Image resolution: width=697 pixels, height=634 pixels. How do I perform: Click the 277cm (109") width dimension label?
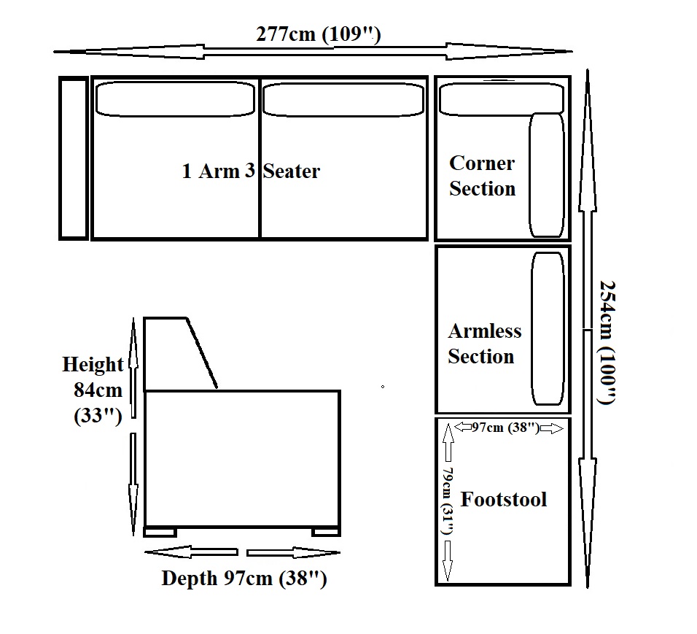319,34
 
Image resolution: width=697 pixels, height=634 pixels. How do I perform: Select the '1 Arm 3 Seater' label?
251,171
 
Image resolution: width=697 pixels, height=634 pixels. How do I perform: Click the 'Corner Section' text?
483,176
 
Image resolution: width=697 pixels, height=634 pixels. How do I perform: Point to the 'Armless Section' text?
485,344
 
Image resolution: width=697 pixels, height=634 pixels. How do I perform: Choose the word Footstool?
503,499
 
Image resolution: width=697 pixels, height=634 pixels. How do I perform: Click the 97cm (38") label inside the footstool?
505,428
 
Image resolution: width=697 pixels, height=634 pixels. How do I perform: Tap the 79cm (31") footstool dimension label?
447,500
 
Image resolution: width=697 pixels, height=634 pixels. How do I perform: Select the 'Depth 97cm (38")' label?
244,579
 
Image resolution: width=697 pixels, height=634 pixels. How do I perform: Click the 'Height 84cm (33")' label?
93,390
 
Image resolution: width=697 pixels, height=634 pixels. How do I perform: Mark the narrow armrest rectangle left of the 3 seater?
74,158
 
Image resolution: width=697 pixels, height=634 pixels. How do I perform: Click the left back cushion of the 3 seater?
175,98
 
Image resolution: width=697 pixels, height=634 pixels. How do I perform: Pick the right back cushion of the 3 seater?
343,100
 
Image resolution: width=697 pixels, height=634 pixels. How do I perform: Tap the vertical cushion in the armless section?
548,329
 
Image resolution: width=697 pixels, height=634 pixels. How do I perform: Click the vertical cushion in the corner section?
547,175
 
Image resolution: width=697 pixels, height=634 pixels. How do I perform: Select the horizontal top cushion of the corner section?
501,98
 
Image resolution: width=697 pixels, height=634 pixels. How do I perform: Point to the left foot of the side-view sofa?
160,532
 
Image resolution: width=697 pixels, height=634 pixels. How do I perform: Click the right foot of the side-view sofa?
326,532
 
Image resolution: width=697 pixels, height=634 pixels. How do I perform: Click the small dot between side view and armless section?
383,387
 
